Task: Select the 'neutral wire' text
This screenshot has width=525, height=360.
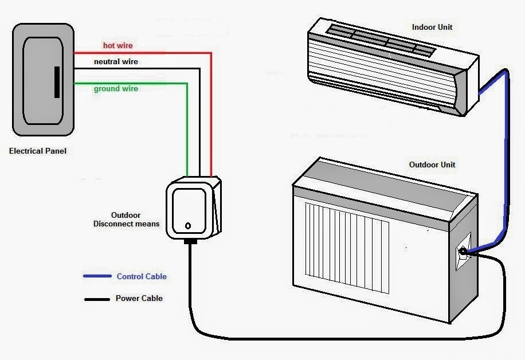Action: pos(116,61)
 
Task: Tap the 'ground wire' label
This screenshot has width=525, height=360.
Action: pos(116,89)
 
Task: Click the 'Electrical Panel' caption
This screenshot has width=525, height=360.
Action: pos(38,151)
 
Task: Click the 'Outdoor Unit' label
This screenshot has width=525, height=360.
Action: pos(432,165)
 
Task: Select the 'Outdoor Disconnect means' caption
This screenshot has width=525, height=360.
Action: pos(126,220)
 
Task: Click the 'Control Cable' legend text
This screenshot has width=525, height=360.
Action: pos(142,276)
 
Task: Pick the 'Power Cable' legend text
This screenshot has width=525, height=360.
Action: pos(139,298)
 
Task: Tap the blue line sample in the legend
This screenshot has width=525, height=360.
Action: pos(97,276)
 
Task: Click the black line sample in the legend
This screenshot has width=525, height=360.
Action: pos(97,299)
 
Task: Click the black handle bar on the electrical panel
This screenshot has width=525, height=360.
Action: pos(56,82)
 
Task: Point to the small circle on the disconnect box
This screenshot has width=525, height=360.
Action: pos(187,226)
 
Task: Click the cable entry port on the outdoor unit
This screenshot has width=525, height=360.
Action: pos(463,251)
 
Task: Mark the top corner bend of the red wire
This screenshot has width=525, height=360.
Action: pos(211,53)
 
